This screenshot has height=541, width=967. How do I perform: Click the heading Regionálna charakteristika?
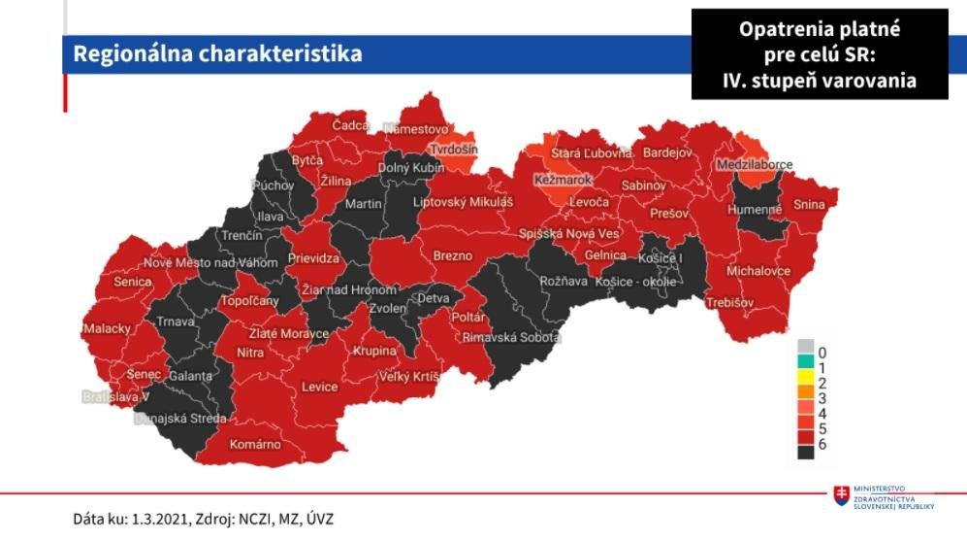pyautogui.click(x=217, y=53)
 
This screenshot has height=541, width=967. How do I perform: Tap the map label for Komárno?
pyautogui.click(x=255, y=445)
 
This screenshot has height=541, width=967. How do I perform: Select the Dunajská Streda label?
pyautogui.click(x=179, y=419)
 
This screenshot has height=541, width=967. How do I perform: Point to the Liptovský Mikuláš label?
pyautogui.click(x=462, y=202)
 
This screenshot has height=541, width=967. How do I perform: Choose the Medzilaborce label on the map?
pyautogui.click(x=755, y=166)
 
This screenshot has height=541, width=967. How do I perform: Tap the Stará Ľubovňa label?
pyautogui.click(x=591, y=153)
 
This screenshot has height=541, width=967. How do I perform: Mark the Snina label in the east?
pyautogui.click(x=808, y=205)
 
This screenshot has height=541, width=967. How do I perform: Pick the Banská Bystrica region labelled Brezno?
pyautogui.click(x=452, y=256)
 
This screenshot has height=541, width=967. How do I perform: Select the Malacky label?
pyautogui.click(x=106, y=328)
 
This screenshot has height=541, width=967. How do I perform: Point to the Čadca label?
pyautogui.click(x=350, y=126)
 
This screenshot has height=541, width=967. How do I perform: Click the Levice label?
pyautogui.click(x=319, y=387)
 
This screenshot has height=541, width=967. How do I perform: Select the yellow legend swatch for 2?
pyautogui.click(x=805, y=383)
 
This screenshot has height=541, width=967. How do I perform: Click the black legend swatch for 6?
pyautogui.click(x=805, y=452)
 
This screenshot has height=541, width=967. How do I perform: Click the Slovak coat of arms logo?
pyautogui.click(x=841, y=496)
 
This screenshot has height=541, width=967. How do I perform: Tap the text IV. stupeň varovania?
pyautogui.click(x=819, y=82)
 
